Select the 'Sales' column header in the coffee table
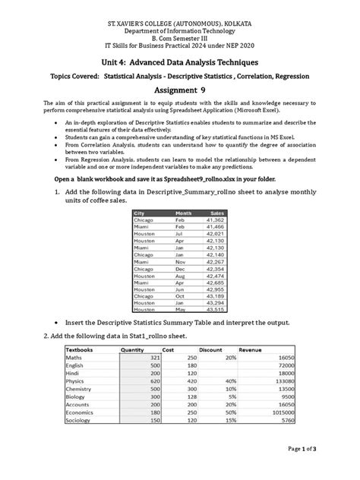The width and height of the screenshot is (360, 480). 218,213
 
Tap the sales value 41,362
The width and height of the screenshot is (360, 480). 215,219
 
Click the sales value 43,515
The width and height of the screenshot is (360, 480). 215,310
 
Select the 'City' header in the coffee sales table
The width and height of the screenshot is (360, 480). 141,213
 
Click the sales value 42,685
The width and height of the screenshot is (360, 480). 215,283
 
